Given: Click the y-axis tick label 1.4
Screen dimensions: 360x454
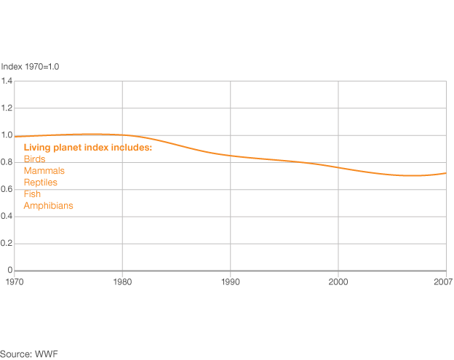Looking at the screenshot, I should pos(7,81).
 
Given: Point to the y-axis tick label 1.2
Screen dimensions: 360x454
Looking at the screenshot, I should pos(7,108).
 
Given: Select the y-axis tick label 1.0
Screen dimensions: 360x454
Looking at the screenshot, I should pos(7,135).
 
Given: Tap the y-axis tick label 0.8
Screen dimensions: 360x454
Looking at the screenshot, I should pos(7,162).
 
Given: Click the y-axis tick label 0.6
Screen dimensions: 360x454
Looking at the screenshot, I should pos(7,189).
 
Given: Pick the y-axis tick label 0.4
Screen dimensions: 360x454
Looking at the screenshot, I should pos(7,216).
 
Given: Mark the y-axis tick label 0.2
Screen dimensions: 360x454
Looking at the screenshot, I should pos(7,244).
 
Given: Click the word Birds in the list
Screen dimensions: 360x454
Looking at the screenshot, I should pos(34,159).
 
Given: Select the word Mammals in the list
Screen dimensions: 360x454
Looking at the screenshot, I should pos(44,171).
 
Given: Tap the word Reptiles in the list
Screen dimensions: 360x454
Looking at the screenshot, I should pos(40,183).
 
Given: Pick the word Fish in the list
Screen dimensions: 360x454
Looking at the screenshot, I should pos(32,194).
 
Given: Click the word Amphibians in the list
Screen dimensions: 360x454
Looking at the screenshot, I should pos(48,206).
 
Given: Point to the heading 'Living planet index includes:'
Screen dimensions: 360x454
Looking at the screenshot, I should pos(87,148).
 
